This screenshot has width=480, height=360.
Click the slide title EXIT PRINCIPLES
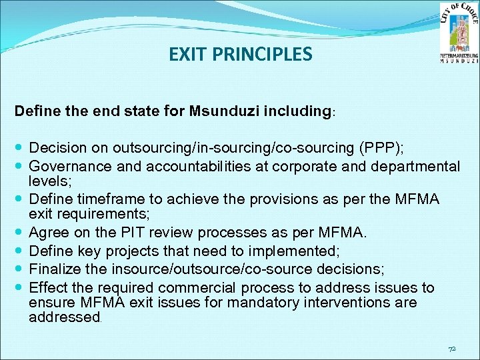(x=240, y=53)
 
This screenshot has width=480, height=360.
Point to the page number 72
(x=452, y=349)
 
